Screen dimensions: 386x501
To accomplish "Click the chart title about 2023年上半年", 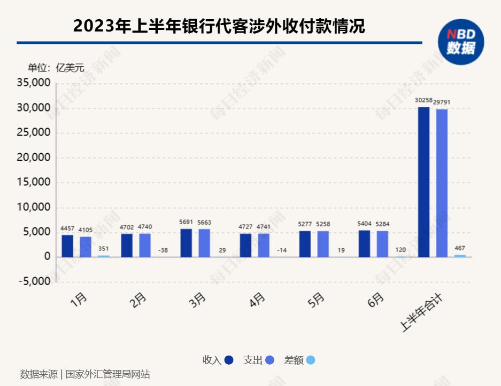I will [219, 26].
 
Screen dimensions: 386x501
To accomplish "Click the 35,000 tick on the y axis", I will [34, 83].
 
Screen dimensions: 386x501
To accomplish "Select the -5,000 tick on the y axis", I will [34, 282].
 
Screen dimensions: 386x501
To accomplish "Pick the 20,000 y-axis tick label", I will [34, 158].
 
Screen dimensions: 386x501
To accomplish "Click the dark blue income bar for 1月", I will [67, 246].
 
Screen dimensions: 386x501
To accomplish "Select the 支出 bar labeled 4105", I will [86, 247].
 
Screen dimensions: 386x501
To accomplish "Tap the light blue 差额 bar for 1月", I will [103, 256].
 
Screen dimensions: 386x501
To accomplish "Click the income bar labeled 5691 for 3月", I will [186, 243].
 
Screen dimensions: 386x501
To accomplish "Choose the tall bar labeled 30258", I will [423, 182].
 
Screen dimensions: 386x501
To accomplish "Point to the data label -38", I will [163, 250].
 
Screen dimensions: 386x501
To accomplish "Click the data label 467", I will [460, 248].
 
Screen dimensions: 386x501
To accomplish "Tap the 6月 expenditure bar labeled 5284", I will [382, 244].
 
